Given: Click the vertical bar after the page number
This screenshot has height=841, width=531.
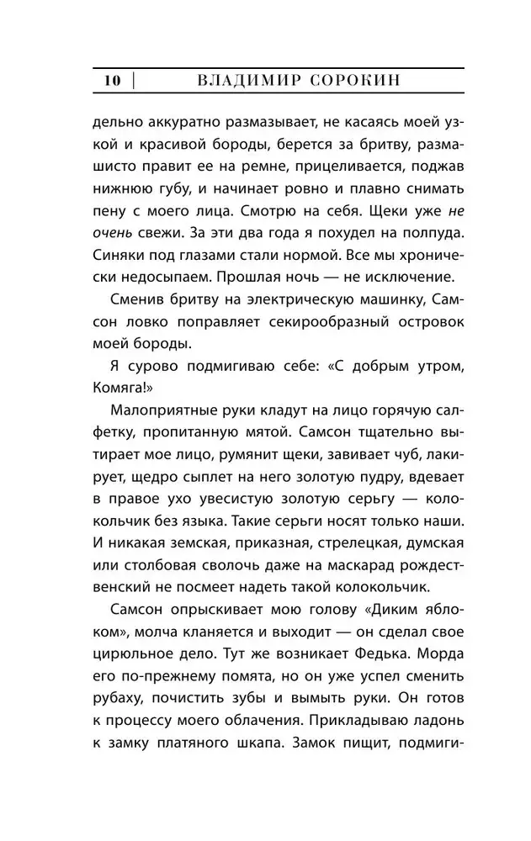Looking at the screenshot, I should click(133, 82).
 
